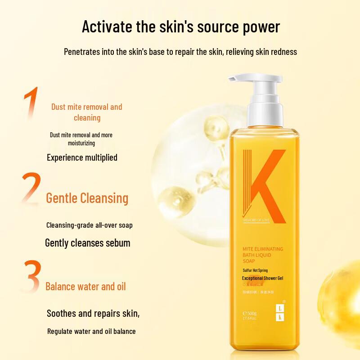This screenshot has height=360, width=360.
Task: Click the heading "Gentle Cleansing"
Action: pos(87,198)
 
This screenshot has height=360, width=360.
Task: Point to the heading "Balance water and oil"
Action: pos(85,286)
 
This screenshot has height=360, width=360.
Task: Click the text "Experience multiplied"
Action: pos(82,157)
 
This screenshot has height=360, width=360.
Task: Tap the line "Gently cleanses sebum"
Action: pos(87,243)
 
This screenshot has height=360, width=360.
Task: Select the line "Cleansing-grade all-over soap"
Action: pos(90,225)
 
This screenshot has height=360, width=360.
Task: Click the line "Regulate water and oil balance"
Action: pos(91,331)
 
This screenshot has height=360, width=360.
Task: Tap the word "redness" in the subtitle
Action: pos(282,52)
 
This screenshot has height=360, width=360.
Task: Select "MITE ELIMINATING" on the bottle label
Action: pos(263,249)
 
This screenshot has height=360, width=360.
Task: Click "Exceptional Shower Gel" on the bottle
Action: pos(262,278)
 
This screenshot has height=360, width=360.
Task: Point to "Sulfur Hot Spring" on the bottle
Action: pos(256,270)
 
